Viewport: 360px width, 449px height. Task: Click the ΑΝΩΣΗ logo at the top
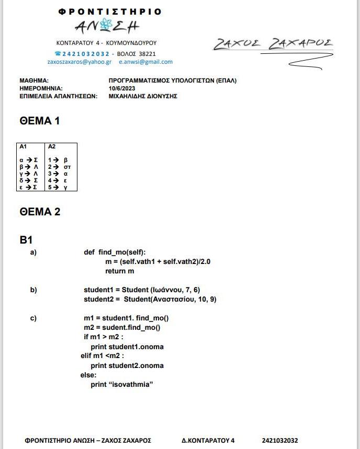pyautogui.click(x=107, y=25)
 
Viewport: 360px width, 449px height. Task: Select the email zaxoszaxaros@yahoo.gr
pyautogui.click(x=79, y=62)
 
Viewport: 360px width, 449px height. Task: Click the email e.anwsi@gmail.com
pyautogui.click(x=145, y=62)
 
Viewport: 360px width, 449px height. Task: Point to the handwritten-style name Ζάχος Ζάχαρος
pyautogui.click(x=273, y=44)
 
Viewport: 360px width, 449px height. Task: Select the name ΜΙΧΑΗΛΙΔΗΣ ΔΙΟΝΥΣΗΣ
pyautogui.click(x=143, y=96)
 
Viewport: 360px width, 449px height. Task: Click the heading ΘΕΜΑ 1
pyautogui.click(x=39, y=121)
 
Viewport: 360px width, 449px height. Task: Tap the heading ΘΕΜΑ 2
pyautogui.click(x=40, y=212)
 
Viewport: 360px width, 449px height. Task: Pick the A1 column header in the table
pyautogui.click(x=23, y=147)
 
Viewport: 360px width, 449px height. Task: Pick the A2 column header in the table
pyautogui.click(x=52, y=147)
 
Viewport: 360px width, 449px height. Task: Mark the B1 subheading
pyautogui.click(x=26, y=240)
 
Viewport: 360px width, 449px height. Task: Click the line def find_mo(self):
pyautogui.click(x=115, y=252)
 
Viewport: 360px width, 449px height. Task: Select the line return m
pyautogui.click(x=119, y=271)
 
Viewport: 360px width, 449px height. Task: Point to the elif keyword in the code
pyautogui.click(x=85, y=356)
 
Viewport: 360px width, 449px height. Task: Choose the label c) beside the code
pyautogui.click(x=33, y=318)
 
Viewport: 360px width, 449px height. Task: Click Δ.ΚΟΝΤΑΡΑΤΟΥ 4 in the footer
pyautogui.click(x=208, y=441)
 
